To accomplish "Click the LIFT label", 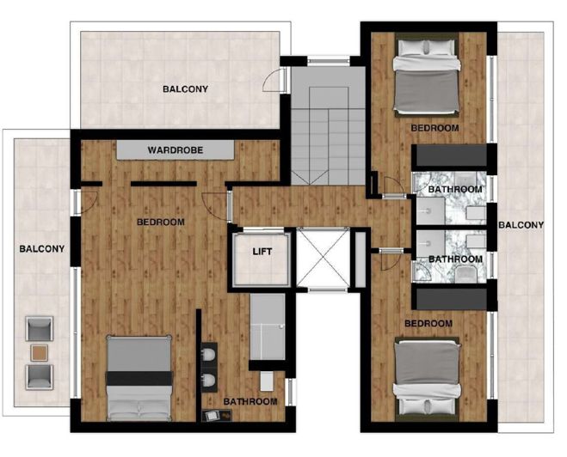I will pyautogui.click(x=262, y=253).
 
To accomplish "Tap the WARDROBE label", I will pyautogui.click(x=175, y=150).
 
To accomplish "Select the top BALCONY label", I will pyautogui.click(x=185, y=88).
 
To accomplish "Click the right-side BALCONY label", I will pyautogui.click(x=521, y=225).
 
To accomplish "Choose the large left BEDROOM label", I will pyautogui.click(x=161, y=222).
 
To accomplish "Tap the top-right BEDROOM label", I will pyautogui.click(x=434, y=127).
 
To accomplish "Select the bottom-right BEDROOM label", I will pyautogui.click(x=428, y=323).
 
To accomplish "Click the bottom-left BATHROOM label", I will pyautogui.click(x=250, y=401).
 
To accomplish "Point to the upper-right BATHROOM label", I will pyautogui.click(x=454, y=189).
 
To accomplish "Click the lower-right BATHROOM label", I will pyautogui.click(x=454, y=259).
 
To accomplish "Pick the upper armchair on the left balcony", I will pyautogui.click(x=40, y=327).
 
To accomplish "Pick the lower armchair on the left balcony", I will pyautogui.click(x=40, y=375).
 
